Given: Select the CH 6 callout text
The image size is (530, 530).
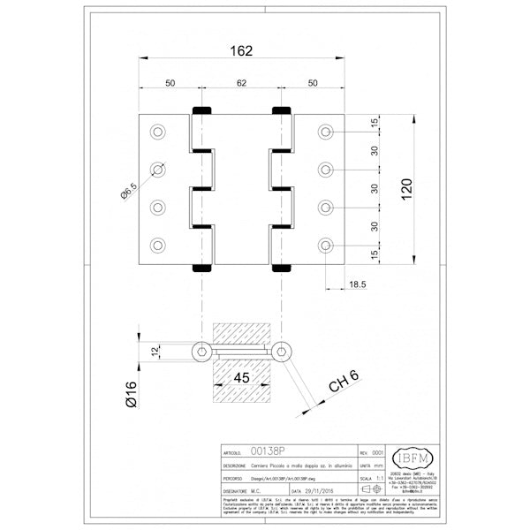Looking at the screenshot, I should point(342,382).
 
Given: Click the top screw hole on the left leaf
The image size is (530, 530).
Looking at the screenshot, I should point(158,132).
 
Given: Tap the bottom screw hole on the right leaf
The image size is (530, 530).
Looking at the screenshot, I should point(326,244).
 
